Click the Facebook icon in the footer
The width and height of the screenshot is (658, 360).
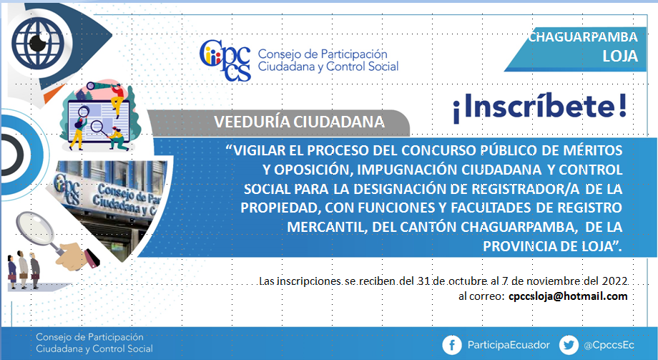coord(452,345)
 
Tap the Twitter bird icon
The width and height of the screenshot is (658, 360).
coord(569,345)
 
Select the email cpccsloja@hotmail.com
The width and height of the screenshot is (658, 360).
coord(568,296)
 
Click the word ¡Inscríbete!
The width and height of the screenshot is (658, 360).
coord(540,107)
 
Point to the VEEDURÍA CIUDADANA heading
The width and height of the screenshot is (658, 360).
coord(299,122)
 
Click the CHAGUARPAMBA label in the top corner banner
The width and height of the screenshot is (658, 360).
coord(583,37)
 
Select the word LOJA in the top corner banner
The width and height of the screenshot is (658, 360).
coord(620,56)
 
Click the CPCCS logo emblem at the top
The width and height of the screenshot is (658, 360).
coord(225,61)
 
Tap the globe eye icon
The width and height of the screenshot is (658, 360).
coord(38,42)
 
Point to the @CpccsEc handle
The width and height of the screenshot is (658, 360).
coord(609,345)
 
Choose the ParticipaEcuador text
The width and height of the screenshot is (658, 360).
coord(509,345)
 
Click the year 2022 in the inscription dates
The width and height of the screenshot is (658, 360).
coord(615,281)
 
